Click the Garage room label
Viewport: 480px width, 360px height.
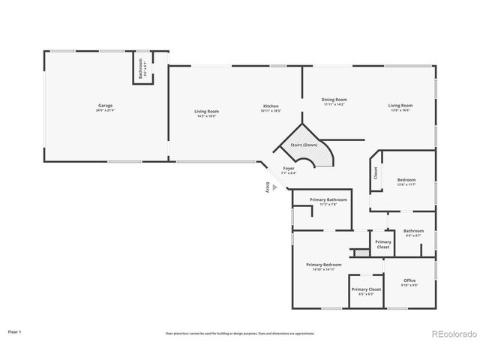[105, 106]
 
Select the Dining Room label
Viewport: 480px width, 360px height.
[334, 100]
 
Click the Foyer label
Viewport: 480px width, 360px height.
[288, 169]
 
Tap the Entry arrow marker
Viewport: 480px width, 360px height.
[274, 188]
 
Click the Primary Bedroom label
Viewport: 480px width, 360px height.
[323, 265]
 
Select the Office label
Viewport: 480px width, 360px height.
[409, 281]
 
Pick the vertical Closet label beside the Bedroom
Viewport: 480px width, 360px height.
[376, 173]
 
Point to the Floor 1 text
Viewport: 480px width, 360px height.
[15, 331]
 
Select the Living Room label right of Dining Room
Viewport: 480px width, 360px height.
[400, 106]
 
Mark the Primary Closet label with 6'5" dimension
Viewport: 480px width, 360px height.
[366, 290]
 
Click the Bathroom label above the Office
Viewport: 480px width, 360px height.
[413, 232]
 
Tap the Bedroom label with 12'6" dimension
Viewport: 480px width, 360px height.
[406, 181]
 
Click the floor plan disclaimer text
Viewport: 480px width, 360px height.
[240, 333]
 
